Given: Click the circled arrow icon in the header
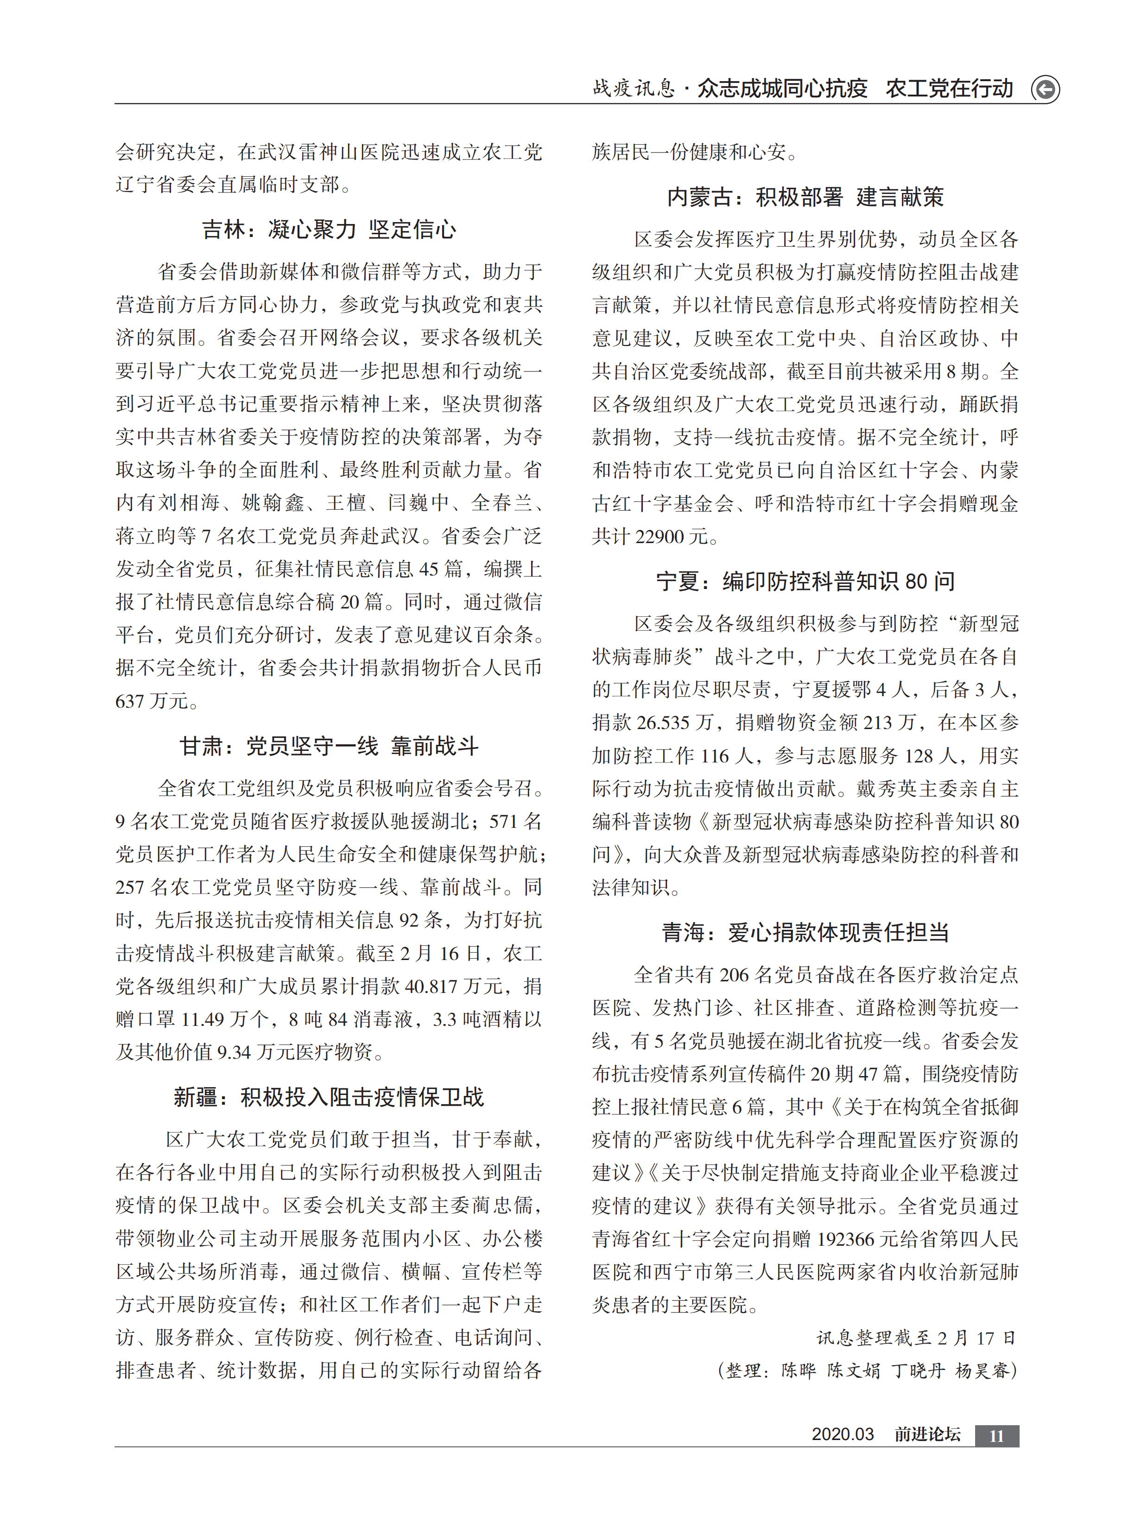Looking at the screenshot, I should [1045, 90].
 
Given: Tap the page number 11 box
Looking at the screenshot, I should [996, 1436].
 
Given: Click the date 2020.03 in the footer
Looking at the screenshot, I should [842, 1434].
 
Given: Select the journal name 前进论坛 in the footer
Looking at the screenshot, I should [927, 1434].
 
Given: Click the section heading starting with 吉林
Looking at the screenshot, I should [329, 229].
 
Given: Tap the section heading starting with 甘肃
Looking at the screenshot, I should [329, 746].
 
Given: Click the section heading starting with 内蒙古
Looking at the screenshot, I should [805, 197].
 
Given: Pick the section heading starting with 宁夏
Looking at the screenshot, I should [805, 582].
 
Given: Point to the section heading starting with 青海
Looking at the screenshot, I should [805, 932].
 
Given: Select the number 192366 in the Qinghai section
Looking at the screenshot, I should [850, 1239].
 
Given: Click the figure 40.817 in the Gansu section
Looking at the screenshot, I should [431, 986].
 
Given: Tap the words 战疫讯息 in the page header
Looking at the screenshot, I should [634, 89].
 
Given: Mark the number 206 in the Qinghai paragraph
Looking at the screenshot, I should [733, 975].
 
